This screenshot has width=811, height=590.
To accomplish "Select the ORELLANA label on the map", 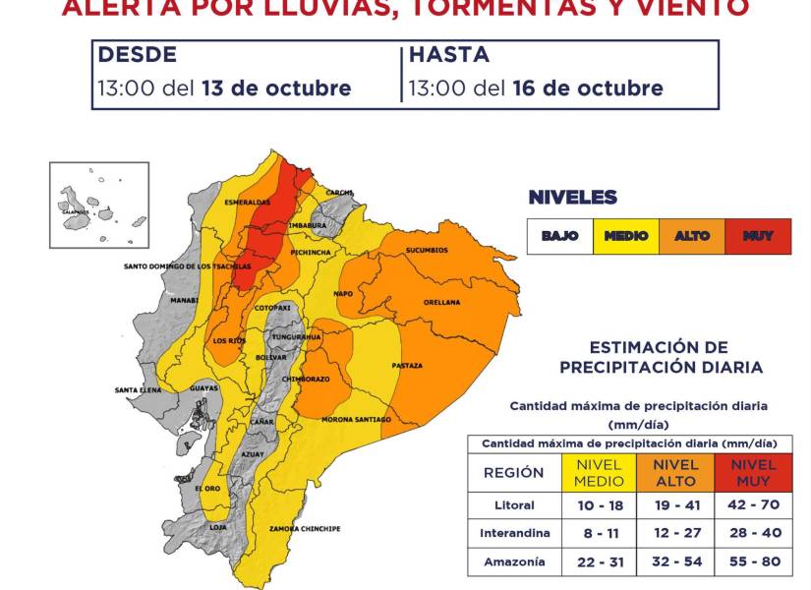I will (x=441, y=303).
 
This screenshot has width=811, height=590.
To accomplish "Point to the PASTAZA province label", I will (x=406, y=366).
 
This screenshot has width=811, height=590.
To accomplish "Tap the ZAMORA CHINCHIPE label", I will (x=305, y=529).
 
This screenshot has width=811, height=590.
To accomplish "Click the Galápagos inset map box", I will (x=99, y=206).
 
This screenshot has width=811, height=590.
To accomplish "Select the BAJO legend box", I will (x=560, y=236).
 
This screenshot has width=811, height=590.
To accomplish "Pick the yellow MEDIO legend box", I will (x=626, y=236).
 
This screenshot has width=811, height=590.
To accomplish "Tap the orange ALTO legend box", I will (x=692, y=236).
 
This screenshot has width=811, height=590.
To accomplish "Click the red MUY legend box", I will (x=758, y=236).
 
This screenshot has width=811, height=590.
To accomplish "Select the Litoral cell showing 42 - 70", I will (x=753, y=505).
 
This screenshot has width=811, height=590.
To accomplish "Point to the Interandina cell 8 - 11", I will (x=599, y=534).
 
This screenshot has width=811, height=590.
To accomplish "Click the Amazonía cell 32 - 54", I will (x=675, y=561).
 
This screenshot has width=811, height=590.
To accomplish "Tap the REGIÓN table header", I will (x=513, y=473).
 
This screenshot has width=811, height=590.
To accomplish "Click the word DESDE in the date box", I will (x=137, y=55).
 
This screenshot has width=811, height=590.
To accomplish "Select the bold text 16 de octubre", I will (x=588, y=88).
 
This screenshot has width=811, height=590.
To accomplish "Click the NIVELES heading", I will (x=572, y=198).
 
